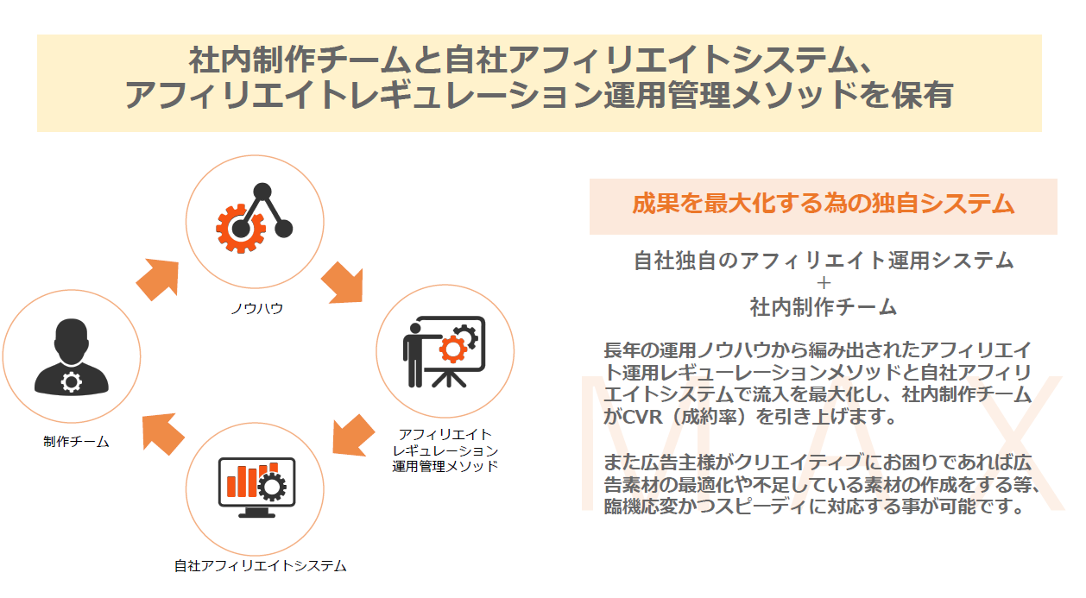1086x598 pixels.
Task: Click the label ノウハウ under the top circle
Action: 257,308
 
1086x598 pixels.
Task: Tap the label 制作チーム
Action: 76,442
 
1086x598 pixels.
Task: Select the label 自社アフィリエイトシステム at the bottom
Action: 261,565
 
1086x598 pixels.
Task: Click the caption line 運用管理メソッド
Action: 445,466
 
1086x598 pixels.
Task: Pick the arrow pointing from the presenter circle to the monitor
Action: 353,435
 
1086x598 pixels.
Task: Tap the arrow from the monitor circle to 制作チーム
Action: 162,434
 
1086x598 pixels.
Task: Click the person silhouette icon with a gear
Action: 72,356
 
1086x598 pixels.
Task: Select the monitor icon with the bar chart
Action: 256,488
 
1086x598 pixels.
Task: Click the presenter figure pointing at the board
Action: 414,356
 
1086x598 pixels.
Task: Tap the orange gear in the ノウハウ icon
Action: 241,229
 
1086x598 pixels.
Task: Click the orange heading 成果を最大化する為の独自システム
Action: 824,204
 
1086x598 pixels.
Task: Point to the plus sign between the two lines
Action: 824,282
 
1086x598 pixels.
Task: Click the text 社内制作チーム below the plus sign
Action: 824,307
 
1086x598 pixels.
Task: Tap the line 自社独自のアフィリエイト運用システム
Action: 824,261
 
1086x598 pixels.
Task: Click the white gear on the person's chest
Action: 72,382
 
